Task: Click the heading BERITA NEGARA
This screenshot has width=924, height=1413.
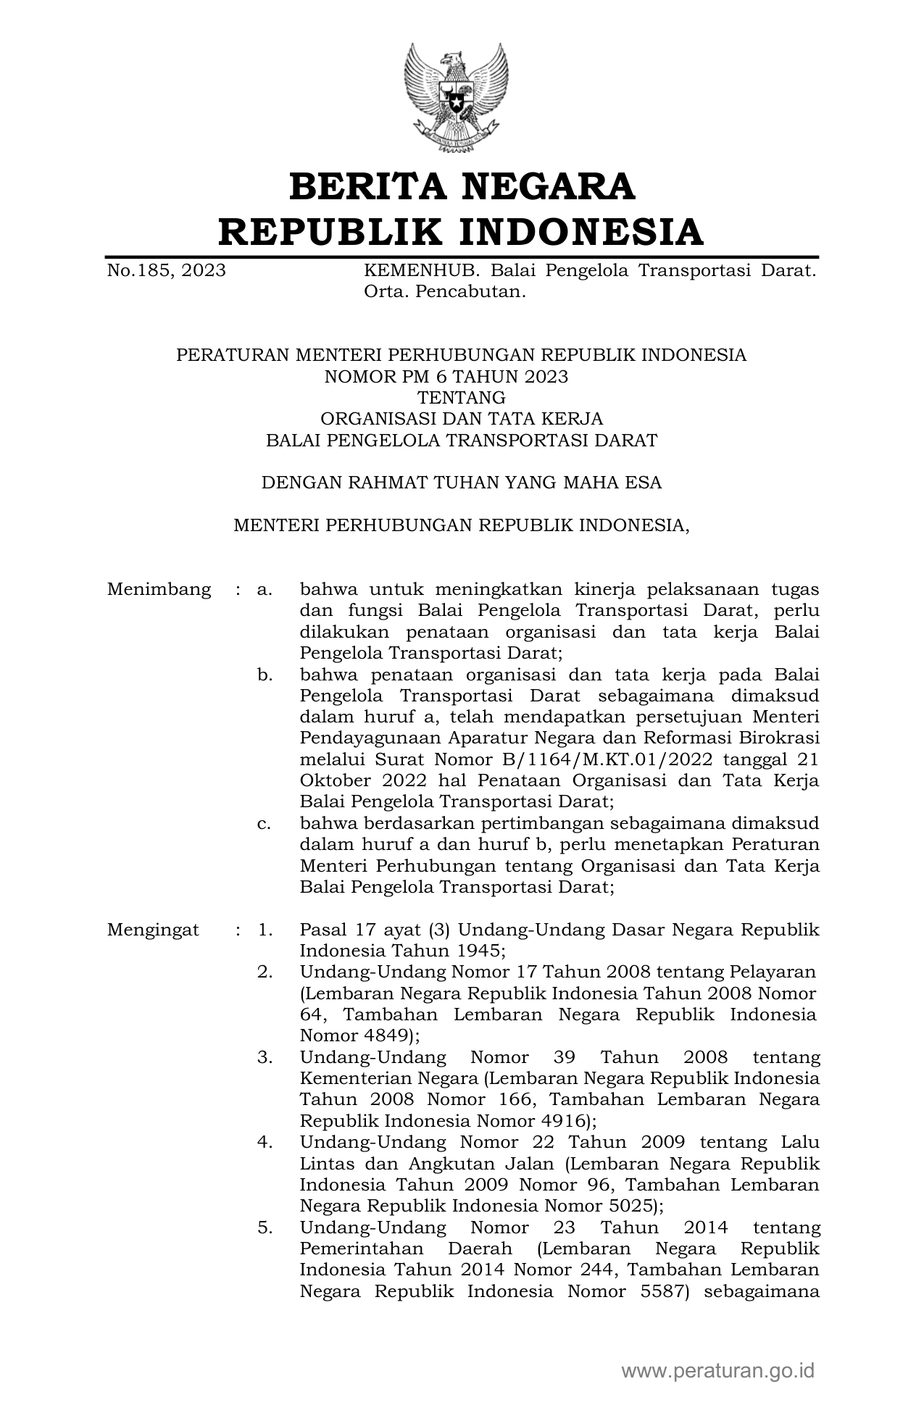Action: [x=462, y=187]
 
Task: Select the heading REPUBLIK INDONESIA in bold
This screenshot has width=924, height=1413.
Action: [x=462, y=232]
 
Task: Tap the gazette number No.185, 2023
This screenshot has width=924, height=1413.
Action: [x=166, y=271]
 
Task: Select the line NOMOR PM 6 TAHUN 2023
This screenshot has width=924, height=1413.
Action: [x=446, y=376]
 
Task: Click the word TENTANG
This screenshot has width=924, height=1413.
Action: [x=462, y=398]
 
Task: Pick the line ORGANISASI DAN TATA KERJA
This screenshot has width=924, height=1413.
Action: [x=462, y=419]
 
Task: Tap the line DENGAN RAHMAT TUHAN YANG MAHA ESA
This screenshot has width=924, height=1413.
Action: [x=462, y=483]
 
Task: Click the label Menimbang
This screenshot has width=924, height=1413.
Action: [x=159, y=589]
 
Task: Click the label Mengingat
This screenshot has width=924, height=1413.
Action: [x=153, y=930]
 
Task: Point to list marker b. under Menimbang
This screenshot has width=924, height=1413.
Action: [x=265, y=675]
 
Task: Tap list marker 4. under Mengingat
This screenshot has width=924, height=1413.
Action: [x=265, y=1143]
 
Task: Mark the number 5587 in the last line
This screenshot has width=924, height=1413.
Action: [x=663, y=1291]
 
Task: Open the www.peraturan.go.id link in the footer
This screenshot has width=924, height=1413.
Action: [x=718, y=1371]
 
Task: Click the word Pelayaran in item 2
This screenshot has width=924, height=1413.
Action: [x=773, y=972]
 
